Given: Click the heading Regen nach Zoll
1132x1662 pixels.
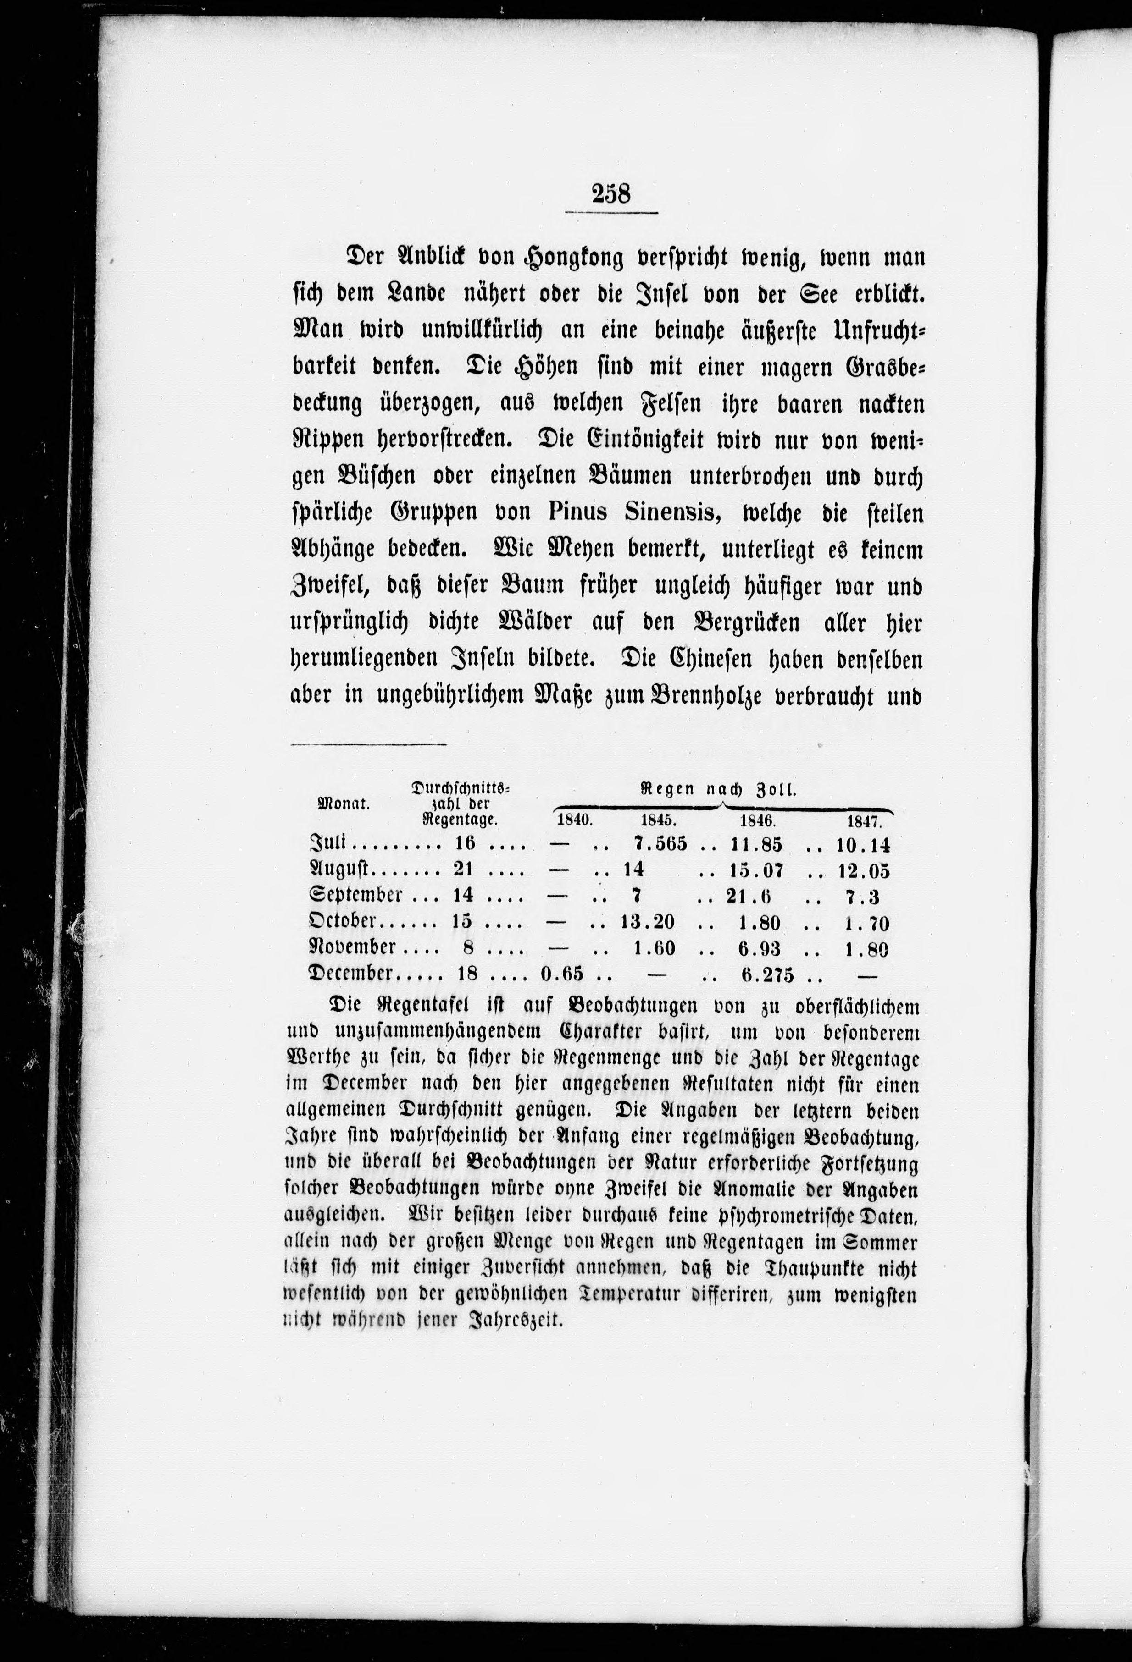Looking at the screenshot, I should [x=718, y=790].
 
